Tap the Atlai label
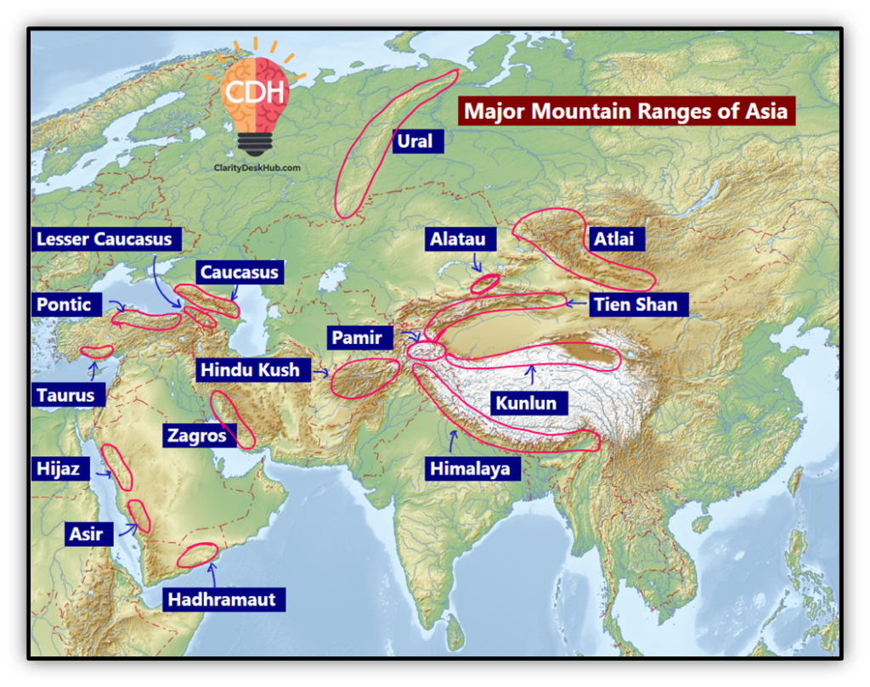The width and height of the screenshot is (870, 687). (613, 239)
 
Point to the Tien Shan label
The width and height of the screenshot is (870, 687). (636, 304)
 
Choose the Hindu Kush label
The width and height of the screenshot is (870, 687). (250, 369)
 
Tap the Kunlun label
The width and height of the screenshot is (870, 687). (526, 403)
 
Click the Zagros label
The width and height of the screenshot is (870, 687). (197, 436)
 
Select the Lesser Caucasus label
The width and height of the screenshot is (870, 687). (104, 239)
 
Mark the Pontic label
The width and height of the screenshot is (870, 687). (64, 304)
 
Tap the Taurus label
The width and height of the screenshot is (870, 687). (65, 395)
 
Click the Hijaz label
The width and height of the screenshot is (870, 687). (57, 468)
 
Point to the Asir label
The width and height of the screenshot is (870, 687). (86, 533)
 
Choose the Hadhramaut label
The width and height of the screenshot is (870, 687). (222, 599)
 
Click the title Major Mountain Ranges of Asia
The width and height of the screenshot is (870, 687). (626, 111)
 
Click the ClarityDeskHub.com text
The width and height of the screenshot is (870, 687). (256, 168)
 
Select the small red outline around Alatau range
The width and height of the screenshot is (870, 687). (485, 283)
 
